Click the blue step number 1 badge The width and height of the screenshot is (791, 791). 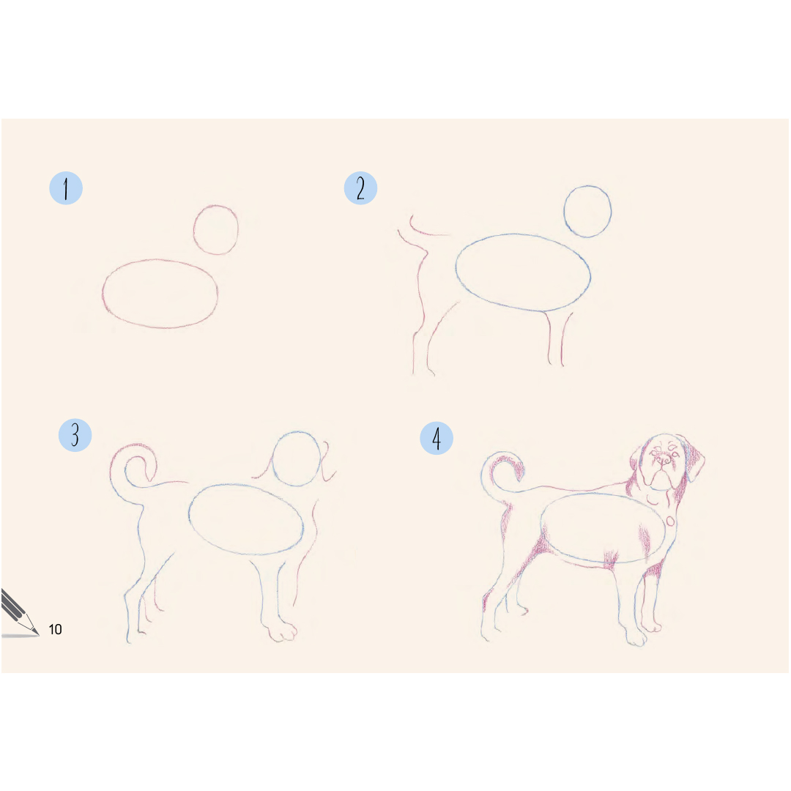tap(66, 188)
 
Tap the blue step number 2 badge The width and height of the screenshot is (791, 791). tap(360, 188)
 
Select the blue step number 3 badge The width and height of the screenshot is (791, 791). tap(75, 435)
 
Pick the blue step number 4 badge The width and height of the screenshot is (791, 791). tap(437, 438)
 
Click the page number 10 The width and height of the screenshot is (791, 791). tap(55, 629)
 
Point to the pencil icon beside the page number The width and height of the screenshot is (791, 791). tap(18, 613)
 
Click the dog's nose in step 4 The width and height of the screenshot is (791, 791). tap(663, 459)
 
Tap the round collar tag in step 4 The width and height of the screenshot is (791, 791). tap(670, 521)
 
